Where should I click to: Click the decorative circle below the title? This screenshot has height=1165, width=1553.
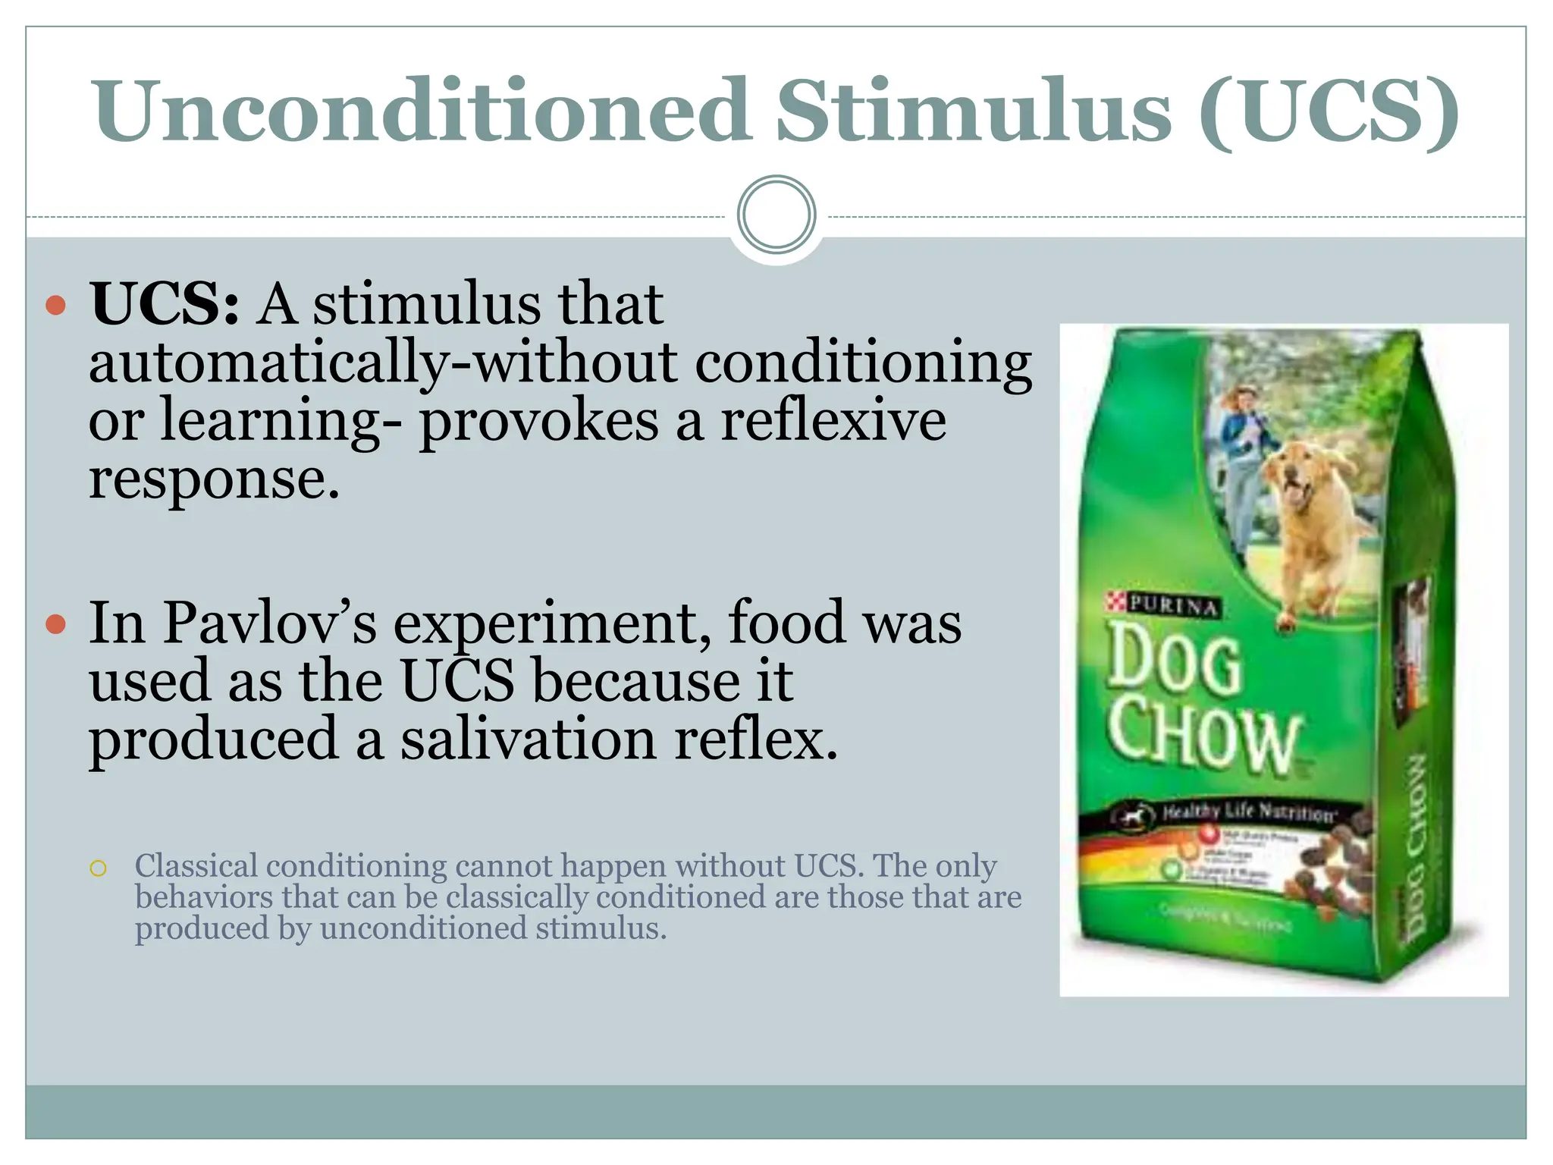point(776,215)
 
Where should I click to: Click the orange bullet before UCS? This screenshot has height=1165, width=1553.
point(56,306)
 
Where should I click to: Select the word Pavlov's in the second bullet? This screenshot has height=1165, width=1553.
point(270,623)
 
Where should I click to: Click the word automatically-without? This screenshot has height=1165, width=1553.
point(383,363)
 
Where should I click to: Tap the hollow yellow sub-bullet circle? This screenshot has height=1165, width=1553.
point(98,868)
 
